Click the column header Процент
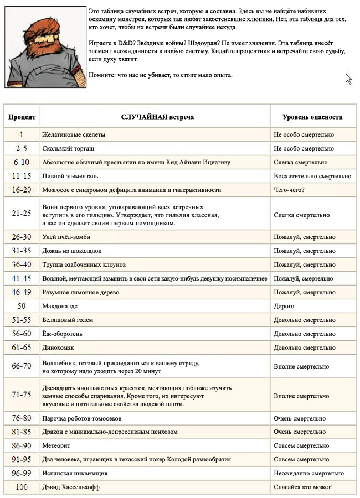tap(22, 117)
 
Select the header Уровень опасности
tap(312, 117)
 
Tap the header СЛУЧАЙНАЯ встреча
tap(157, 117)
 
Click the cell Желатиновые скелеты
tap(74, 134)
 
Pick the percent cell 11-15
tap(22, 176)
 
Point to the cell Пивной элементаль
tap(70, 176)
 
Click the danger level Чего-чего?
tap(290, 190)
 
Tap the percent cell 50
tap(22, 306)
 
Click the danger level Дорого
tap(284, 306)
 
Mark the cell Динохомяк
tap(58, 347)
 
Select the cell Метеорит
tap(56, 445)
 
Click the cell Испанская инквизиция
tap(75, 473)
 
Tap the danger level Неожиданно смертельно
tap(308, 473)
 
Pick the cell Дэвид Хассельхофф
tap(72, 487)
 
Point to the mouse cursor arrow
tap(348, 79)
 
